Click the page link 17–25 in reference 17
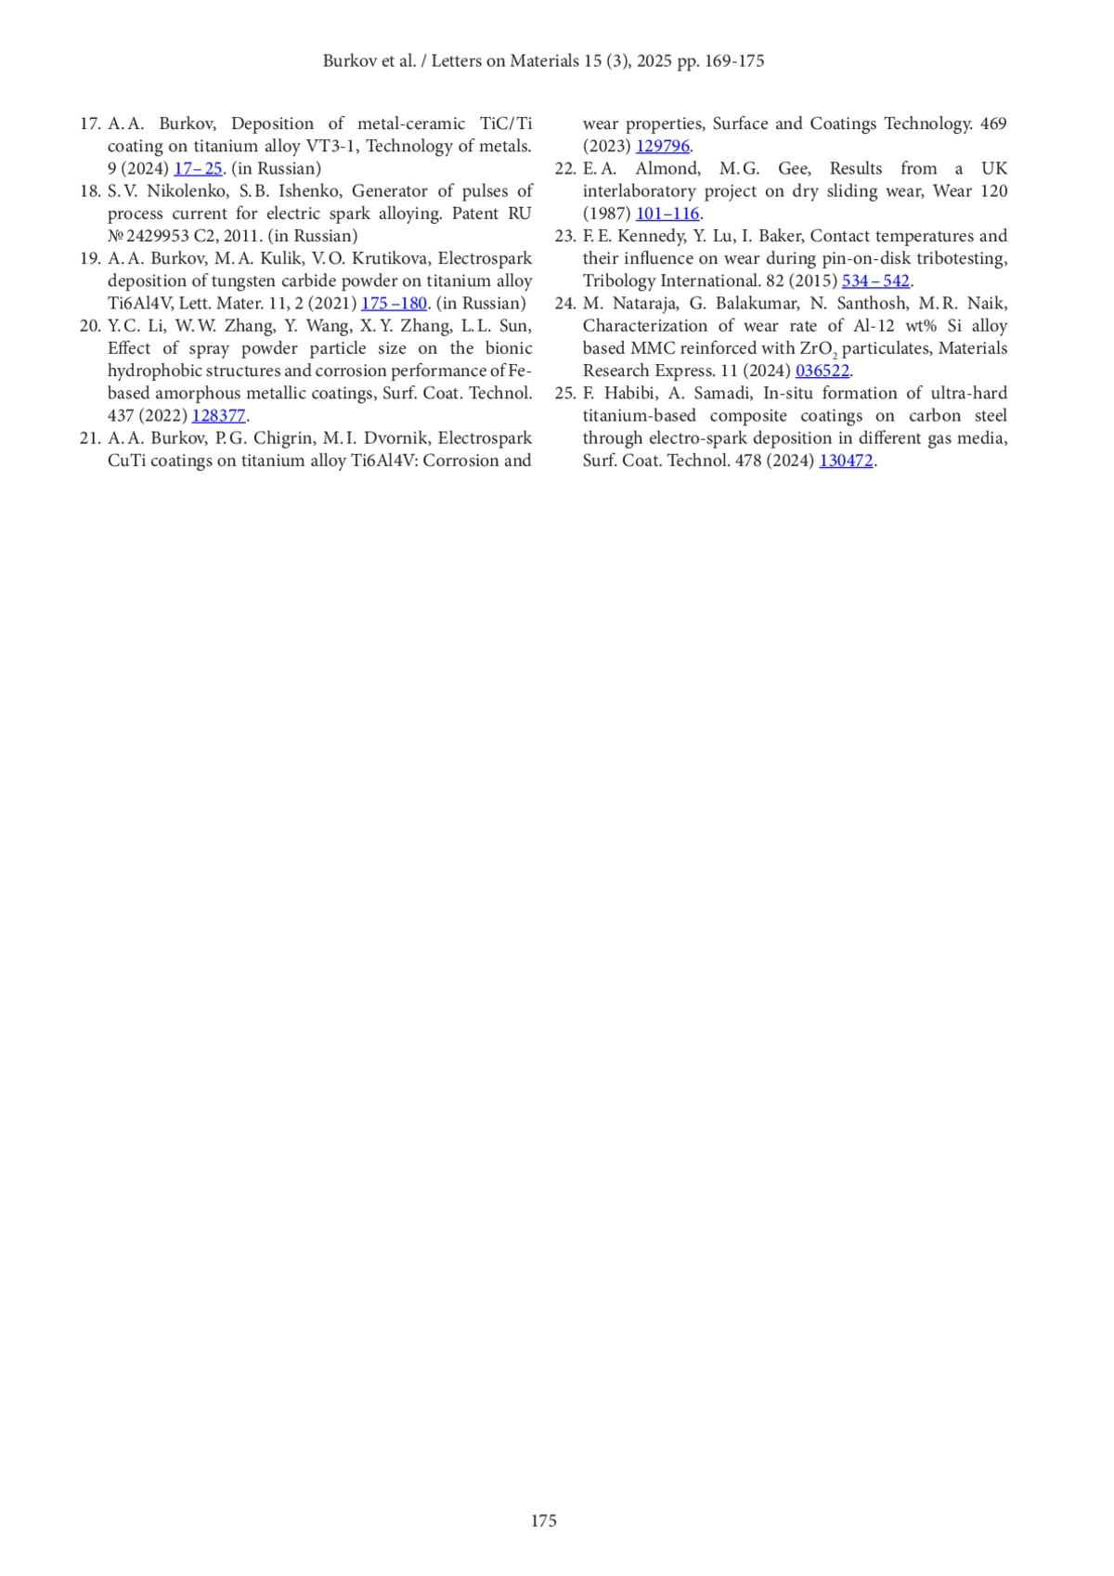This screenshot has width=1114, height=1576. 198,168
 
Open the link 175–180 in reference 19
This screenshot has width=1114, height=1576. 394,303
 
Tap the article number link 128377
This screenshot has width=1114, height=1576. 218,415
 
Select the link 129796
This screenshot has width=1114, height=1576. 663,146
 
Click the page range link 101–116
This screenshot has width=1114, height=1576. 667,214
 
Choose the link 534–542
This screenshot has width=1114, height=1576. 875,280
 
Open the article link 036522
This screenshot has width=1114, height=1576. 823,371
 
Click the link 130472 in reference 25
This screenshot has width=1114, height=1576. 846,460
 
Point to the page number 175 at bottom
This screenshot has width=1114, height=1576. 544,1520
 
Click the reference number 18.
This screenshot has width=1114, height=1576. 89,191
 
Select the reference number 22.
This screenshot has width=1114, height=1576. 564,168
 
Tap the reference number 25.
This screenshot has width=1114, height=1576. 564,393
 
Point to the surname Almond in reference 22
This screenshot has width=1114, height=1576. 666,168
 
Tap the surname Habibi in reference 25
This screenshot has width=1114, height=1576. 629,393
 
